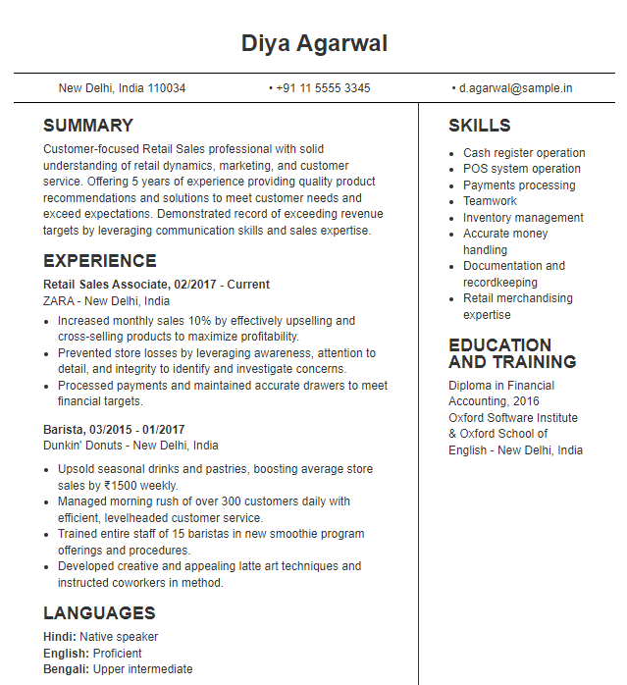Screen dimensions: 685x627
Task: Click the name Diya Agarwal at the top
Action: tap(314, 44)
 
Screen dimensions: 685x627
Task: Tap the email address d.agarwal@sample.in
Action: tap(515, 88)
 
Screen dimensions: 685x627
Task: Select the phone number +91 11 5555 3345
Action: tap(323, 88)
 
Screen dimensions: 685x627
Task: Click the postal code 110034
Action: tap(166, 88)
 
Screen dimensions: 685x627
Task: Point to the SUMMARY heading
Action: tap(88, 126)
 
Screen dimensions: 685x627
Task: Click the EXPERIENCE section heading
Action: tap(100, 261)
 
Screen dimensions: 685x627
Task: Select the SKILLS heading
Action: tap(480, 126)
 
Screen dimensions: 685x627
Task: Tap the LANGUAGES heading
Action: tap(99, 613)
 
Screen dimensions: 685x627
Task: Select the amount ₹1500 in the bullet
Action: tap(126, 486)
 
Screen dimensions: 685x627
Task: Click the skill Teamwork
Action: tap(490, 201)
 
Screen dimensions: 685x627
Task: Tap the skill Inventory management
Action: tap(523, 218)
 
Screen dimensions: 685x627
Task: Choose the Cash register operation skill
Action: tap(524, 153)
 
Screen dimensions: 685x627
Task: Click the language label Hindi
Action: tap(59, 637)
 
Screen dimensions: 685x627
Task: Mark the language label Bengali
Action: tap(66, 669)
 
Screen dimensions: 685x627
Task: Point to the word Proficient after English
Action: tap(118, 654)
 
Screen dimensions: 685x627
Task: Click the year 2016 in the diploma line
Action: tap(526, 401)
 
